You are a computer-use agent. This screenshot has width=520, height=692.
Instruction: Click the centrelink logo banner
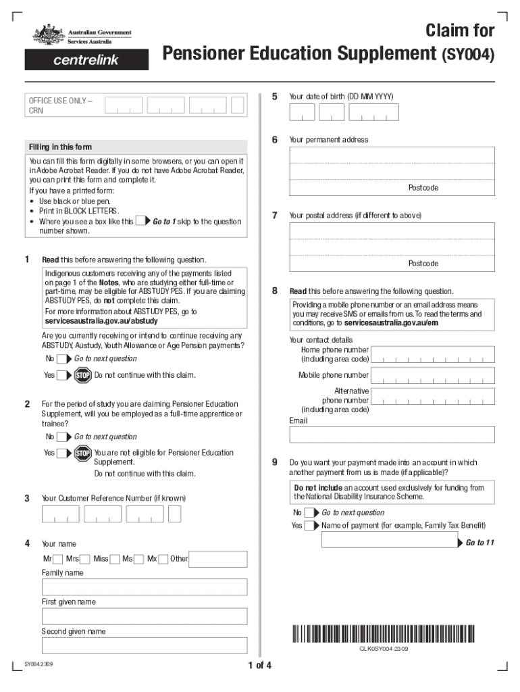click(x=78, y=60)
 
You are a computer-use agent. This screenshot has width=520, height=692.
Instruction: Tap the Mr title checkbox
click(x=58, y=559)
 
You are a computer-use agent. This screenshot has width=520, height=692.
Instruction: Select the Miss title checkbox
click(x=115, y=559)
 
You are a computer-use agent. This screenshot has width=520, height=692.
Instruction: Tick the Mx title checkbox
click(x=164, y=559)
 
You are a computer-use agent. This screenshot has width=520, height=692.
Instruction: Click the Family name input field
click(x=145, y=587)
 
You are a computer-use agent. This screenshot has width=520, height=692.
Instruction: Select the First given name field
click(x=145, y=616)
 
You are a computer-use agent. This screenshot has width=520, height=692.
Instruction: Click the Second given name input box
click(x=145, y=645)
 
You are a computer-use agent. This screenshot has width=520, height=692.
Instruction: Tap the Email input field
click(x=392, y=435)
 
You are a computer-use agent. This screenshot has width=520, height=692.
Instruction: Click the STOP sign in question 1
click(x=83, y=376)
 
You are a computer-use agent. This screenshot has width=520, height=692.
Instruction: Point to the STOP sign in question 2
click(x=83, y=453)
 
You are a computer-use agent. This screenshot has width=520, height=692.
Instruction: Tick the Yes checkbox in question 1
click(x=62, y=376)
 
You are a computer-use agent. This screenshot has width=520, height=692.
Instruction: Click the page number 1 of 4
click(x=259, y=666)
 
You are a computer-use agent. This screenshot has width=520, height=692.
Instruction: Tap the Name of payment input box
click(x=391, y=540)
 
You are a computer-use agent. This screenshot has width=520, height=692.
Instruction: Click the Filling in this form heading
click(x=60, y=147)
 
